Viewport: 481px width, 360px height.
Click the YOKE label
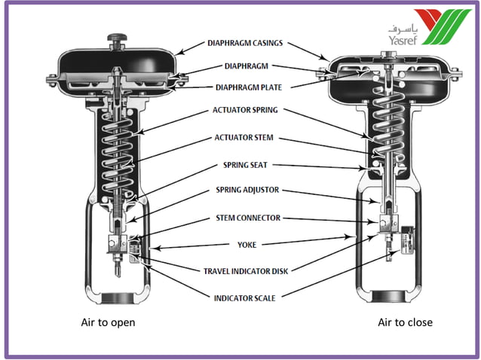tap(248, 245)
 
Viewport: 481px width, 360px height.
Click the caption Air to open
tap(108, 322)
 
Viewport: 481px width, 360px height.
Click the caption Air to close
tap(405, 322)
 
